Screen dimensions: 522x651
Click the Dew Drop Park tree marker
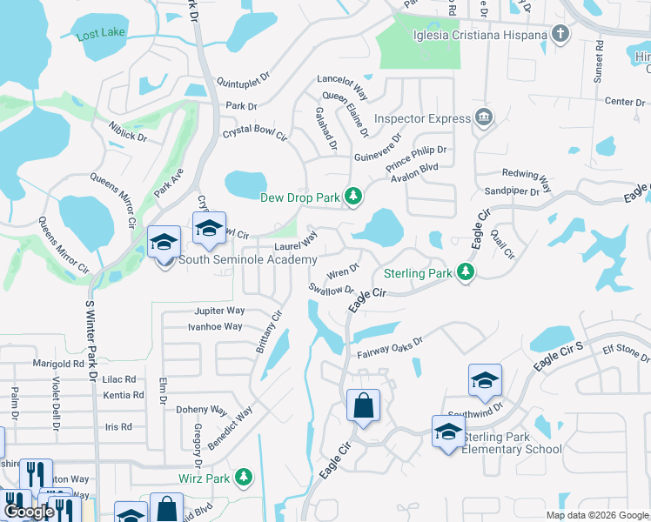[x=353, y=197]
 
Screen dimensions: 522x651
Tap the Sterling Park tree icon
[x=466, y=273]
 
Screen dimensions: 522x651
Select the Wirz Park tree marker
[x=245, y=477]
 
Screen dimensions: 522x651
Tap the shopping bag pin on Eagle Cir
[x=363, y=405]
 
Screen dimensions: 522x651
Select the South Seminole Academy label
[x=247, y=260]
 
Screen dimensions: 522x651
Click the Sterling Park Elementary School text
[x=512, y=443]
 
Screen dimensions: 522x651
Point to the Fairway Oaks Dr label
[x=389, y=349]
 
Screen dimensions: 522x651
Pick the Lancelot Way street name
[x=343, y=84]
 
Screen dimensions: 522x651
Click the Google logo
[x=30, y=512]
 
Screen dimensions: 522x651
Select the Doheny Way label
[x=200, y=409]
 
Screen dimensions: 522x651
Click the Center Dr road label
[x=625, y=102]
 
